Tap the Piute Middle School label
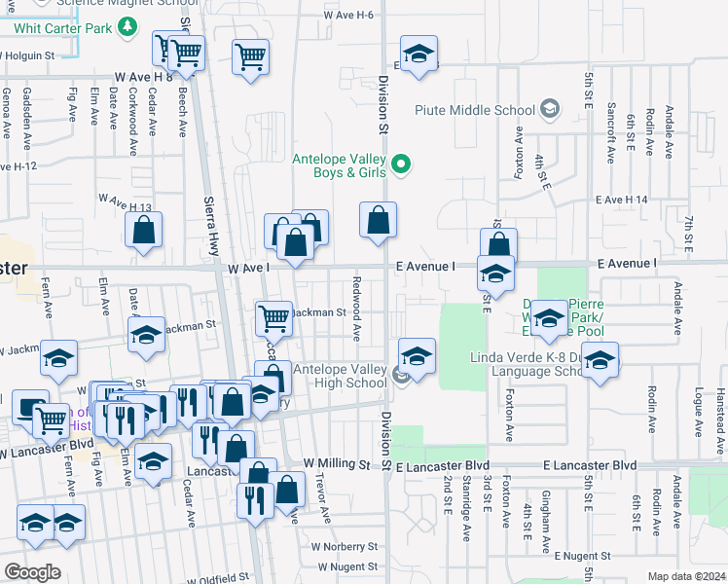tap(475, 110)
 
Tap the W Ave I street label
tap(247, 267)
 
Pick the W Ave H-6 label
tap(349, 16)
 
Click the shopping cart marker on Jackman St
tap(274, 317)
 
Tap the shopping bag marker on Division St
tap(379, 220)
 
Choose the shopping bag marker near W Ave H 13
tap(144, 231)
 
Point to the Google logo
tap(32, 572)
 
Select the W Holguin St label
tap(27, 55)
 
